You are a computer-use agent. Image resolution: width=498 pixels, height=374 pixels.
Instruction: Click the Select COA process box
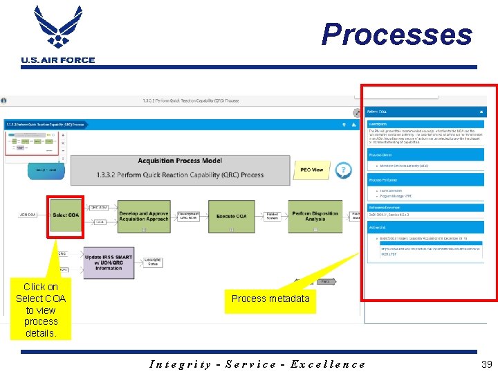coord(66,215)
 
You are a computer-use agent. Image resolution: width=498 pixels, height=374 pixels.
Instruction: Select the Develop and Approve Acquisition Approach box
coord(144,216)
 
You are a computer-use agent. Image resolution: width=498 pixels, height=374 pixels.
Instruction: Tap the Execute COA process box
coord(231,216)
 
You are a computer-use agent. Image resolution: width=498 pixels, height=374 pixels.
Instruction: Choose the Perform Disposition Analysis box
coord(315,216)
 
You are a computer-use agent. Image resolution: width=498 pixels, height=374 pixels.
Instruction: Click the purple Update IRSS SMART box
coord(109,262)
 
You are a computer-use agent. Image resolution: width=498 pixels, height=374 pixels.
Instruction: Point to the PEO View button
coord(312,170)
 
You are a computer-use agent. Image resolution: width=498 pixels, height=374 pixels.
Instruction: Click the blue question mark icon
coord(342,170)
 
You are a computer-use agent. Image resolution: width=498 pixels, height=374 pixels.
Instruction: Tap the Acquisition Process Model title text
coord(180,161)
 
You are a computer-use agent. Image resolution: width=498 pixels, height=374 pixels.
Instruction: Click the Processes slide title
coord(396,34)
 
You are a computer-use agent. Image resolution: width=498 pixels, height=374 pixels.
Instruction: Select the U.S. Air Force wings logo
coord(58,28)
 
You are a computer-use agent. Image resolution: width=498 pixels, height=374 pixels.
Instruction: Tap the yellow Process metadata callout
coord(270,299)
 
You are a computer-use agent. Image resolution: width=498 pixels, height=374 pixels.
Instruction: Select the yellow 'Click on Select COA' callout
coord(41,310)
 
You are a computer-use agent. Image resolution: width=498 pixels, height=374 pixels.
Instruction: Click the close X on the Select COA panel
coord(481,112)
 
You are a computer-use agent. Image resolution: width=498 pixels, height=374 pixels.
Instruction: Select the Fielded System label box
coord(273,216)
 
